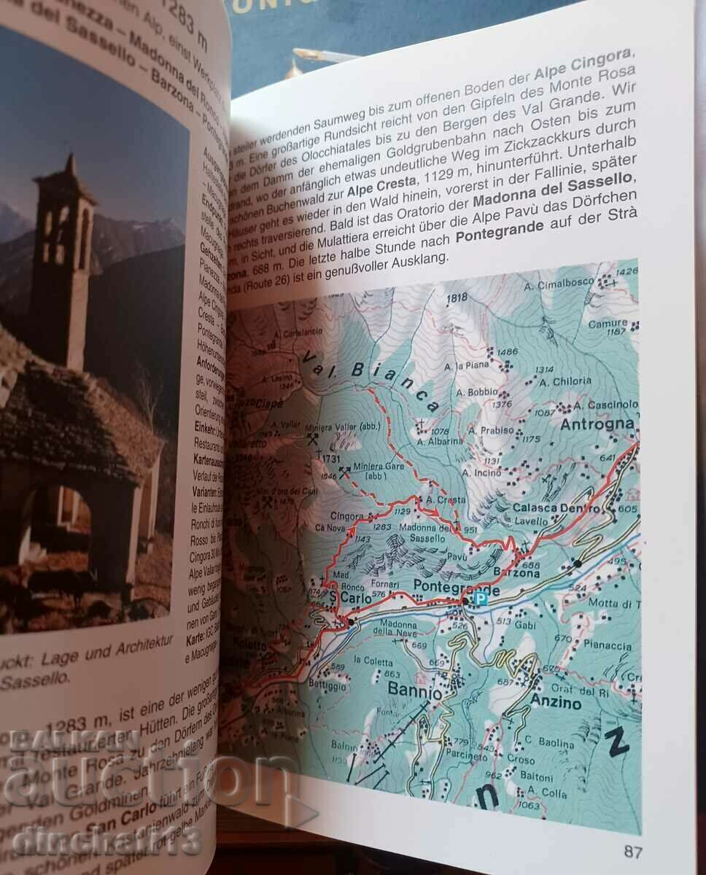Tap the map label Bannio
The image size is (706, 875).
[x=414, y=691]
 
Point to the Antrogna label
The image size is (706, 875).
[x=597, y=424]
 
